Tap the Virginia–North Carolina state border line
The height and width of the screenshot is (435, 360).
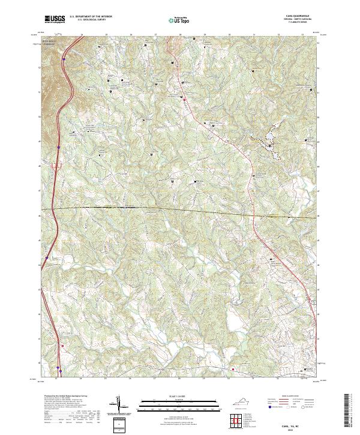point(180,209)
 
